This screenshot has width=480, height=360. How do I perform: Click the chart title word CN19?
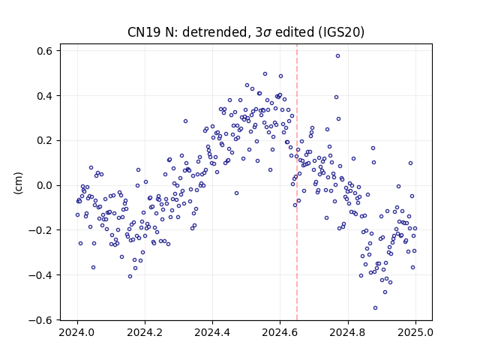[x=145, y=32]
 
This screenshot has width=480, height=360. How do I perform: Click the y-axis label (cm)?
[x=18, y=183]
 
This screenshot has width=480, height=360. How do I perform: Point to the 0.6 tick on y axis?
[x=45, y=51]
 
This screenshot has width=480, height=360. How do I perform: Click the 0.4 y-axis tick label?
[x=45, y=96]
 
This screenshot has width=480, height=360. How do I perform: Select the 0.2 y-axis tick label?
[x=45, y=140]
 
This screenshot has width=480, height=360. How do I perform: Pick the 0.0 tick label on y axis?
[x=45, y=185]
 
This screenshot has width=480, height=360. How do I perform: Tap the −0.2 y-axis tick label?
[x=40, y=230]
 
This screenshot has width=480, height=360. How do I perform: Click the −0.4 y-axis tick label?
[x=40, y=275]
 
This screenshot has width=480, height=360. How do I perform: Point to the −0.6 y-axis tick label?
[x=40, y=320]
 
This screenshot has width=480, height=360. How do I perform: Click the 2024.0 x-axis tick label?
[x=77, y=332]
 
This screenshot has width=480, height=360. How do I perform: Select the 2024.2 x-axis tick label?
[x=145, y=332]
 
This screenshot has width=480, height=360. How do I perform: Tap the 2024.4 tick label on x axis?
[x=212, y=332]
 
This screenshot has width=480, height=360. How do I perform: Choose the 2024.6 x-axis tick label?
[x=280, y=332]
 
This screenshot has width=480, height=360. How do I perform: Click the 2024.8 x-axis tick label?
[x=348, y=332]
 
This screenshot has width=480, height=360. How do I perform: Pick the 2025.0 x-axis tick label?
[x=415, y=332]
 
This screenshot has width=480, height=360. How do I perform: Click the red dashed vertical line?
[x=297, y=182]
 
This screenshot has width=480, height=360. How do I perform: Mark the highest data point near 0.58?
[x=337, y=56]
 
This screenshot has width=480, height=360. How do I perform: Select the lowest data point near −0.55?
[x=375, y=308]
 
